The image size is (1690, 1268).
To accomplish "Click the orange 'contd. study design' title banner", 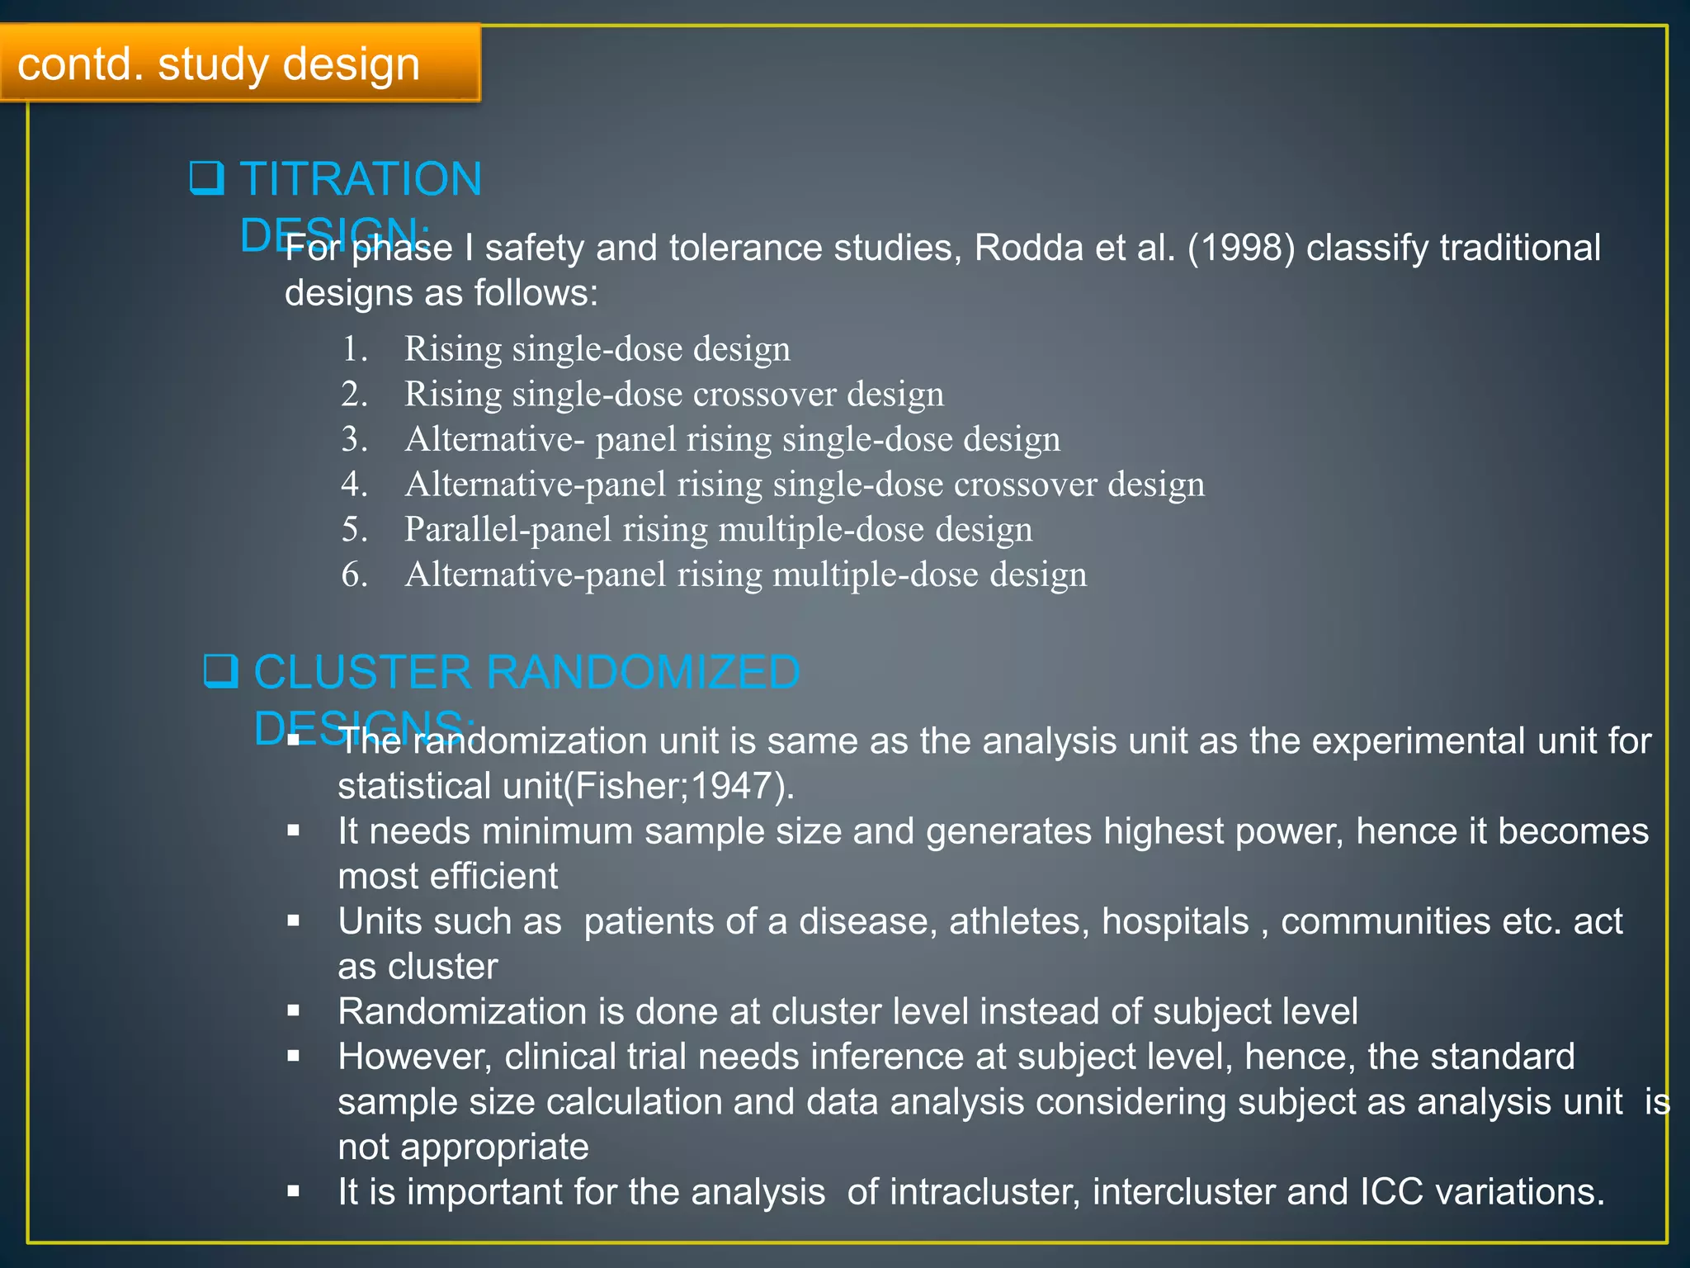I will click(239, 64).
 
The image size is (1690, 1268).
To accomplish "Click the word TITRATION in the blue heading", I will click(361, 179).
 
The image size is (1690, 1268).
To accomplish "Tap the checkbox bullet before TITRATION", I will click(206, 177).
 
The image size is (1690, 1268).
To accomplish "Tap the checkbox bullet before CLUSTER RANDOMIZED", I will click(220, 671).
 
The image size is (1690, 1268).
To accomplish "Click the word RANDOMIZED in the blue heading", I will click(643, 672).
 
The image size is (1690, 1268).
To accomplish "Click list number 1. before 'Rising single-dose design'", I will click(355, 349).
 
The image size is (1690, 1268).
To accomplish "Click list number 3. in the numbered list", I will click(355, 439).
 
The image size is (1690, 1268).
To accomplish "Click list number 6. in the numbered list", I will click(355, 575).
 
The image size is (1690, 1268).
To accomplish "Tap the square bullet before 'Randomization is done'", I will click(294, 1010).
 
